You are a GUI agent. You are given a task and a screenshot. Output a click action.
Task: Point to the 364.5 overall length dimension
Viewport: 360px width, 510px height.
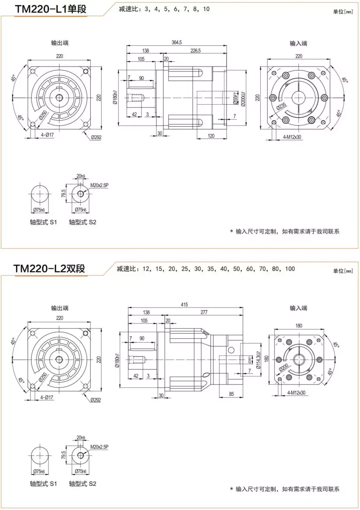click(176, 42)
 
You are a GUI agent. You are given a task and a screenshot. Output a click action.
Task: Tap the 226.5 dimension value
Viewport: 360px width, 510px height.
click(195, 51)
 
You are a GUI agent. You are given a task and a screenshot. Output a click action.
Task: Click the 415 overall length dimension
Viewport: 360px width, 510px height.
click(185, 305)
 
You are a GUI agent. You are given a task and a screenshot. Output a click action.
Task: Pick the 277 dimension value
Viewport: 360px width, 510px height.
click(204, 312)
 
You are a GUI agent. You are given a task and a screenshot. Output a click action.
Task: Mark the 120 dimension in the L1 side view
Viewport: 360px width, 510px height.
click(211, 135)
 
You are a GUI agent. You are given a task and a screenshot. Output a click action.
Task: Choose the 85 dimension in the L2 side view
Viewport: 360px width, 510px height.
click(231, 393)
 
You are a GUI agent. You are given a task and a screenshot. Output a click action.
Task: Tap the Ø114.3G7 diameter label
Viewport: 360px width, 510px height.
click(258, 360)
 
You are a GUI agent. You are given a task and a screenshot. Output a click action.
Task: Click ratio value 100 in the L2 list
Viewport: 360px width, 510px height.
click(290, 269)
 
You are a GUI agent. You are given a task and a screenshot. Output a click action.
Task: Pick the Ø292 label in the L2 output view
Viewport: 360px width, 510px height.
click(96, 400)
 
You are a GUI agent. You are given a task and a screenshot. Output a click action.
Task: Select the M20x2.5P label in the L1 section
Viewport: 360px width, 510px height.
click(99, 186)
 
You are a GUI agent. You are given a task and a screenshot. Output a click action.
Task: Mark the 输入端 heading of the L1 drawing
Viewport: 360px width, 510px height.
click(298, 43)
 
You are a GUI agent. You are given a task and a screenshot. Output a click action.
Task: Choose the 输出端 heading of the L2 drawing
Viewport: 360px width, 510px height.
click(60, 308)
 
